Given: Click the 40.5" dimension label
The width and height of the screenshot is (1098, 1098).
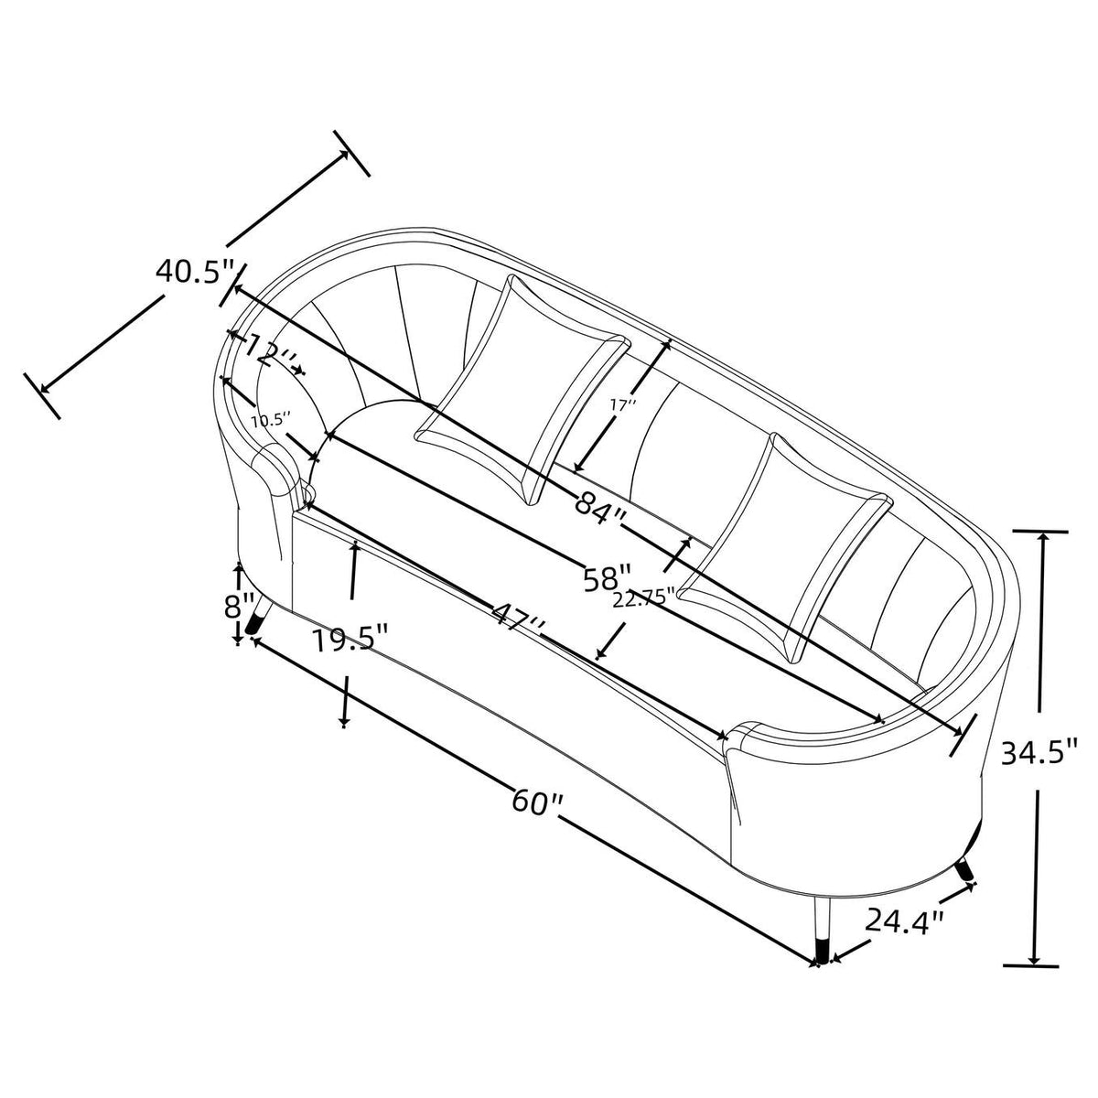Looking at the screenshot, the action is coord(196,270).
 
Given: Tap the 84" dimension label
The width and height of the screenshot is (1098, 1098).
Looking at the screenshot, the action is coord(600,503).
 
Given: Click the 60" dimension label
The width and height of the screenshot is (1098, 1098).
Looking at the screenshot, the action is coord(537,802).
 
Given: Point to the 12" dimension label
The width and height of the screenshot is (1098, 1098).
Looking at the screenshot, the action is coord(268,350).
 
